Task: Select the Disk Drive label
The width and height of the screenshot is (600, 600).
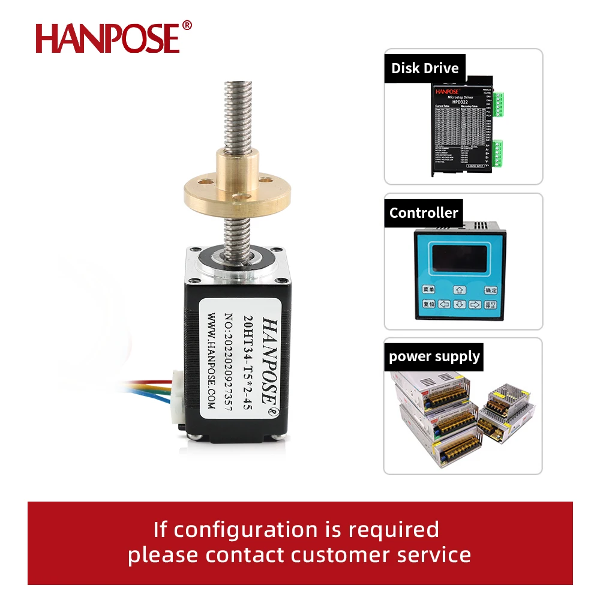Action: (x=425, y=68)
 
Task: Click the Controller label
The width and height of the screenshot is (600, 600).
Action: (x=424, y=212)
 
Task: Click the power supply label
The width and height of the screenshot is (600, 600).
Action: (x=434, y=356)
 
